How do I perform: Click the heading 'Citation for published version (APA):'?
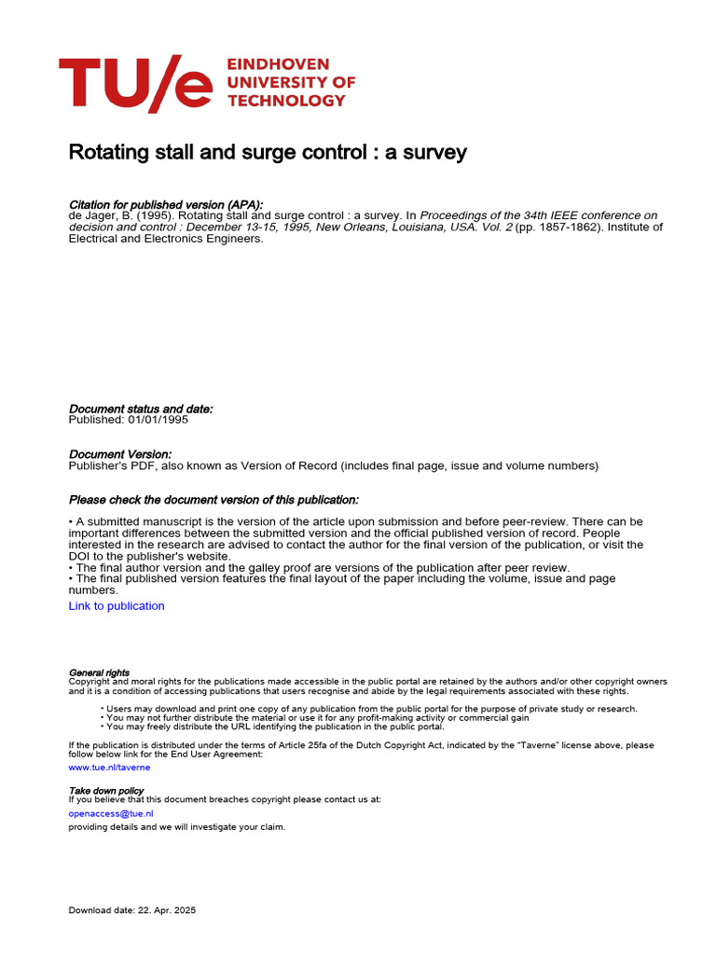tap(166, 204)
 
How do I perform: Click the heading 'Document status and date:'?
tap(141, 408)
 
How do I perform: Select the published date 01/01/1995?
tap(158, 420)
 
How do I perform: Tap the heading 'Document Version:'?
tap(120, 454)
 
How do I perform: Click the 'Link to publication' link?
tap(117, 606)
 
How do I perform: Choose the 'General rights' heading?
tap(100, 672)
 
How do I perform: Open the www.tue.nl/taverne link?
tap(109, 768)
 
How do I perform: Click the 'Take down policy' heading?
tap(105, 790)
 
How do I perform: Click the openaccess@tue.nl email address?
tap(111, 813)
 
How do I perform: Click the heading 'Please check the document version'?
tap(213, 500)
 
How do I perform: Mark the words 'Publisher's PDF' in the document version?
tap(111, 465)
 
